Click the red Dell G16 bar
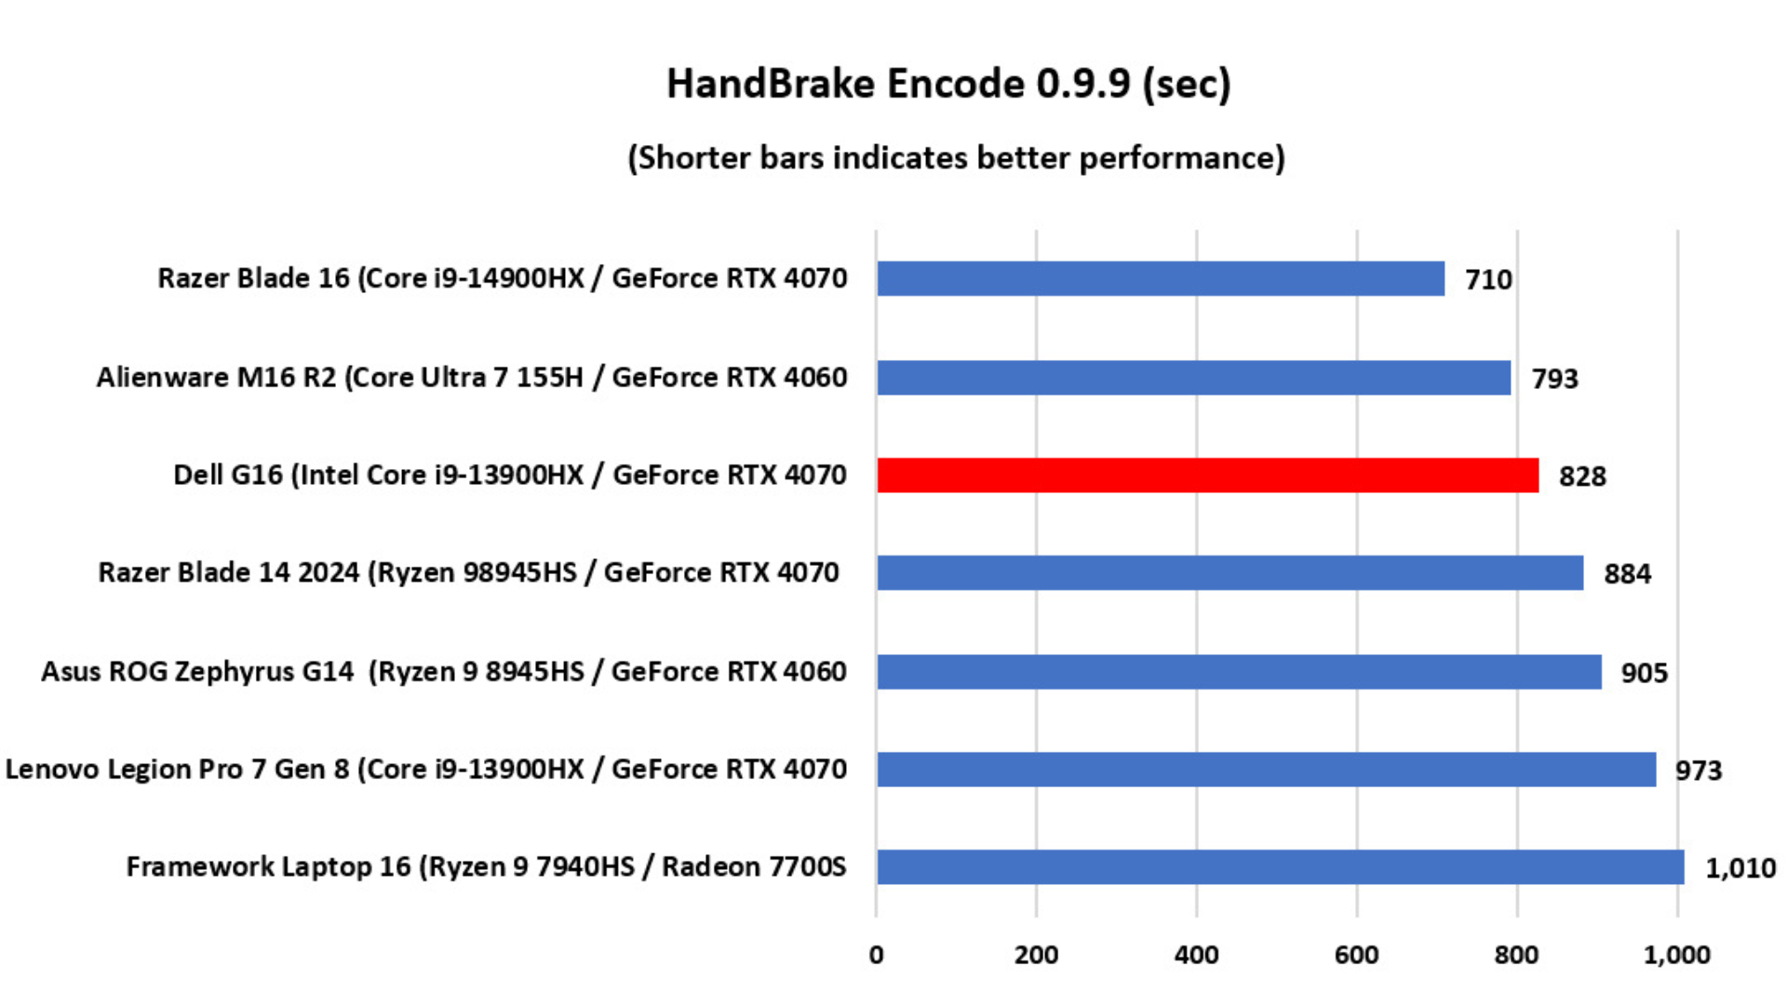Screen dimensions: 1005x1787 click(x=1207, y=476)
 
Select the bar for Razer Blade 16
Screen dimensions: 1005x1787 click(x=1161, y=279)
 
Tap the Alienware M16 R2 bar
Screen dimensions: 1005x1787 click(x=1193, y=378)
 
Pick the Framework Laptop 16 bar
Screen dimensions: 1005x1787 click(x=1280, y=867)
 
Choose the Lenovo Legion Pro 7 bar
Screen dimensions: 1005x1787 click(x=1266, y=770)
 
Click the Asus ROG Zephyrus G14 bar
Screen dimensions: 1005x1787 click(x=1239, y=672)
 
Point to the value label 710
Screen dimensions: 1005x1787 click(x=1488, y=279)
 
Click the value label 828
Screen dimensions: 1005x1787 click(x=1582, y=476)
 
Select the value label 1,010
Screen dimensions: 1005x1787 click(x=1740, y=868)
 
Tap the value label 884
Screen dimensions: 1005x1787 click(x=1627, y=574)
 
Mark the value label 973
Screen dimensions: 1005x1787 click(x=1699, y=770)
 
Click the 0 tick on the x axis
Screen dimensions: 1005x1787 click(x=876, y=955)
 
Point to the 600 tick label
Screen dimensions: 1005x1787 click(x=1356, y=955)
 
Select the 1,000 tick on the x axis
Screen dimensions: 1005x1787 click(x=1676, y=955)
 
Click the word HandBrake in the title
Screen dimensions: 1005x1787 click(x=771, y=84)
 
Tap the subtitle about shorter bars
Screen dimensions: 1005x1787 click(x=956, y=158)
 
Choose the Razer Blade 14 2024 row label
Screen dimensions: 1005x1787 click(x=469, y=572)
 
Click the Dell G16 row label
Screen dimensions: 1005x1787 click(x=510, y=475)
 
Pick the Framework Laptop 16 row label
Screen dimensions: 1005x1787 click(x=486, y=867)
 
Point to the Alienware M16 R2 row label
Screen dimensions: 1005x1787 click(x=472, y=377)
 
